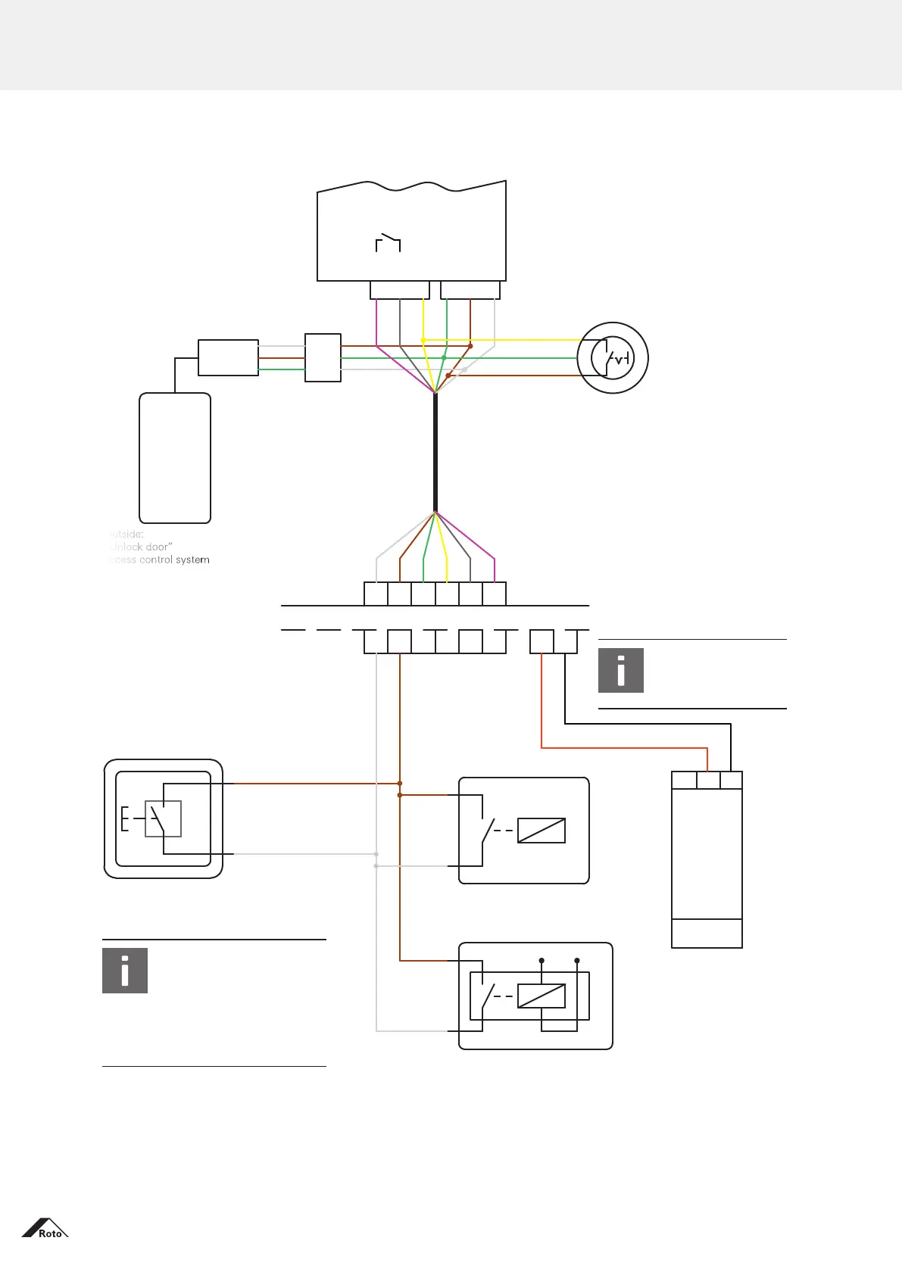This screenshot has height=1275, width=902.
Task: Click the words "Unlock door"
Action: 141,547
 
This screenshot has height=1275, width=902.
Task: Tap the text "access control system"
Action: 158,560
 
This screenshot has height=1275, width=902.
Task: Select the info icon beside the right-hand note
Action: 621,670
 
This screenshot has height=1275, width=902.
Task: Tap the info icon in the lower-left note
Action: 125,970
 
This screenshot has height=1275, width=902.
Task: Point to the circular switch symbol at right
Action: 613,358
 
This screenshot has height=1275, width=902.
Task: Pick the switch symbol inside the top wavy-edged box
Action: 388,242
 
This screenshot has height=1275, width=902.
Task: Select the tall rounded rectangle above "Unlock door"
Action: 175,458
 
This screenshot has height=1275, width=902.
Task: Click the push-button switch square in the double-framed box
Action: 163,818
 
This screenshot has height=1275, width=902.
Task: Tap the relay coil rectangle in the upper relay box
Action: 542,831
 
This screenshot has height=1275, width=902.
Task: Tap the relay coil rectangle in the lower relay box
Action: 542,996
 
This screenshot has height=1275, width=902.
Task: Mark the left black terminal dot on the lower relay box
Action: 542,961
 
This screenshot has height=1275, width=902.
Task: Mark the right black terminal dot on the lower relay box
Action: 577,961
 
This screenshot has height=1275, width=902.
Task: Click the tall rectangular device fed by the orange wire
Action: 707,859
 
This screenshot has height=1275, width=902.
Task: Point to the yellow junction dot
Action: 423,340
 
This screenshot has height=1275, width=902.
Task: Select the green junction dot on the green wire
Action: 445,357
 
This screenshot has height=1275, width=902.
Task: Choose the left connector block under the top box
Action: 400,290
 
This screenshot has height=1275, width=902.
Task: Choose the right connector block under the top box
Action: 470,290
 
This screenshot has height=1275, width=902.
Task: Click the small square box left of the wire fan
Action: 323,357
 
